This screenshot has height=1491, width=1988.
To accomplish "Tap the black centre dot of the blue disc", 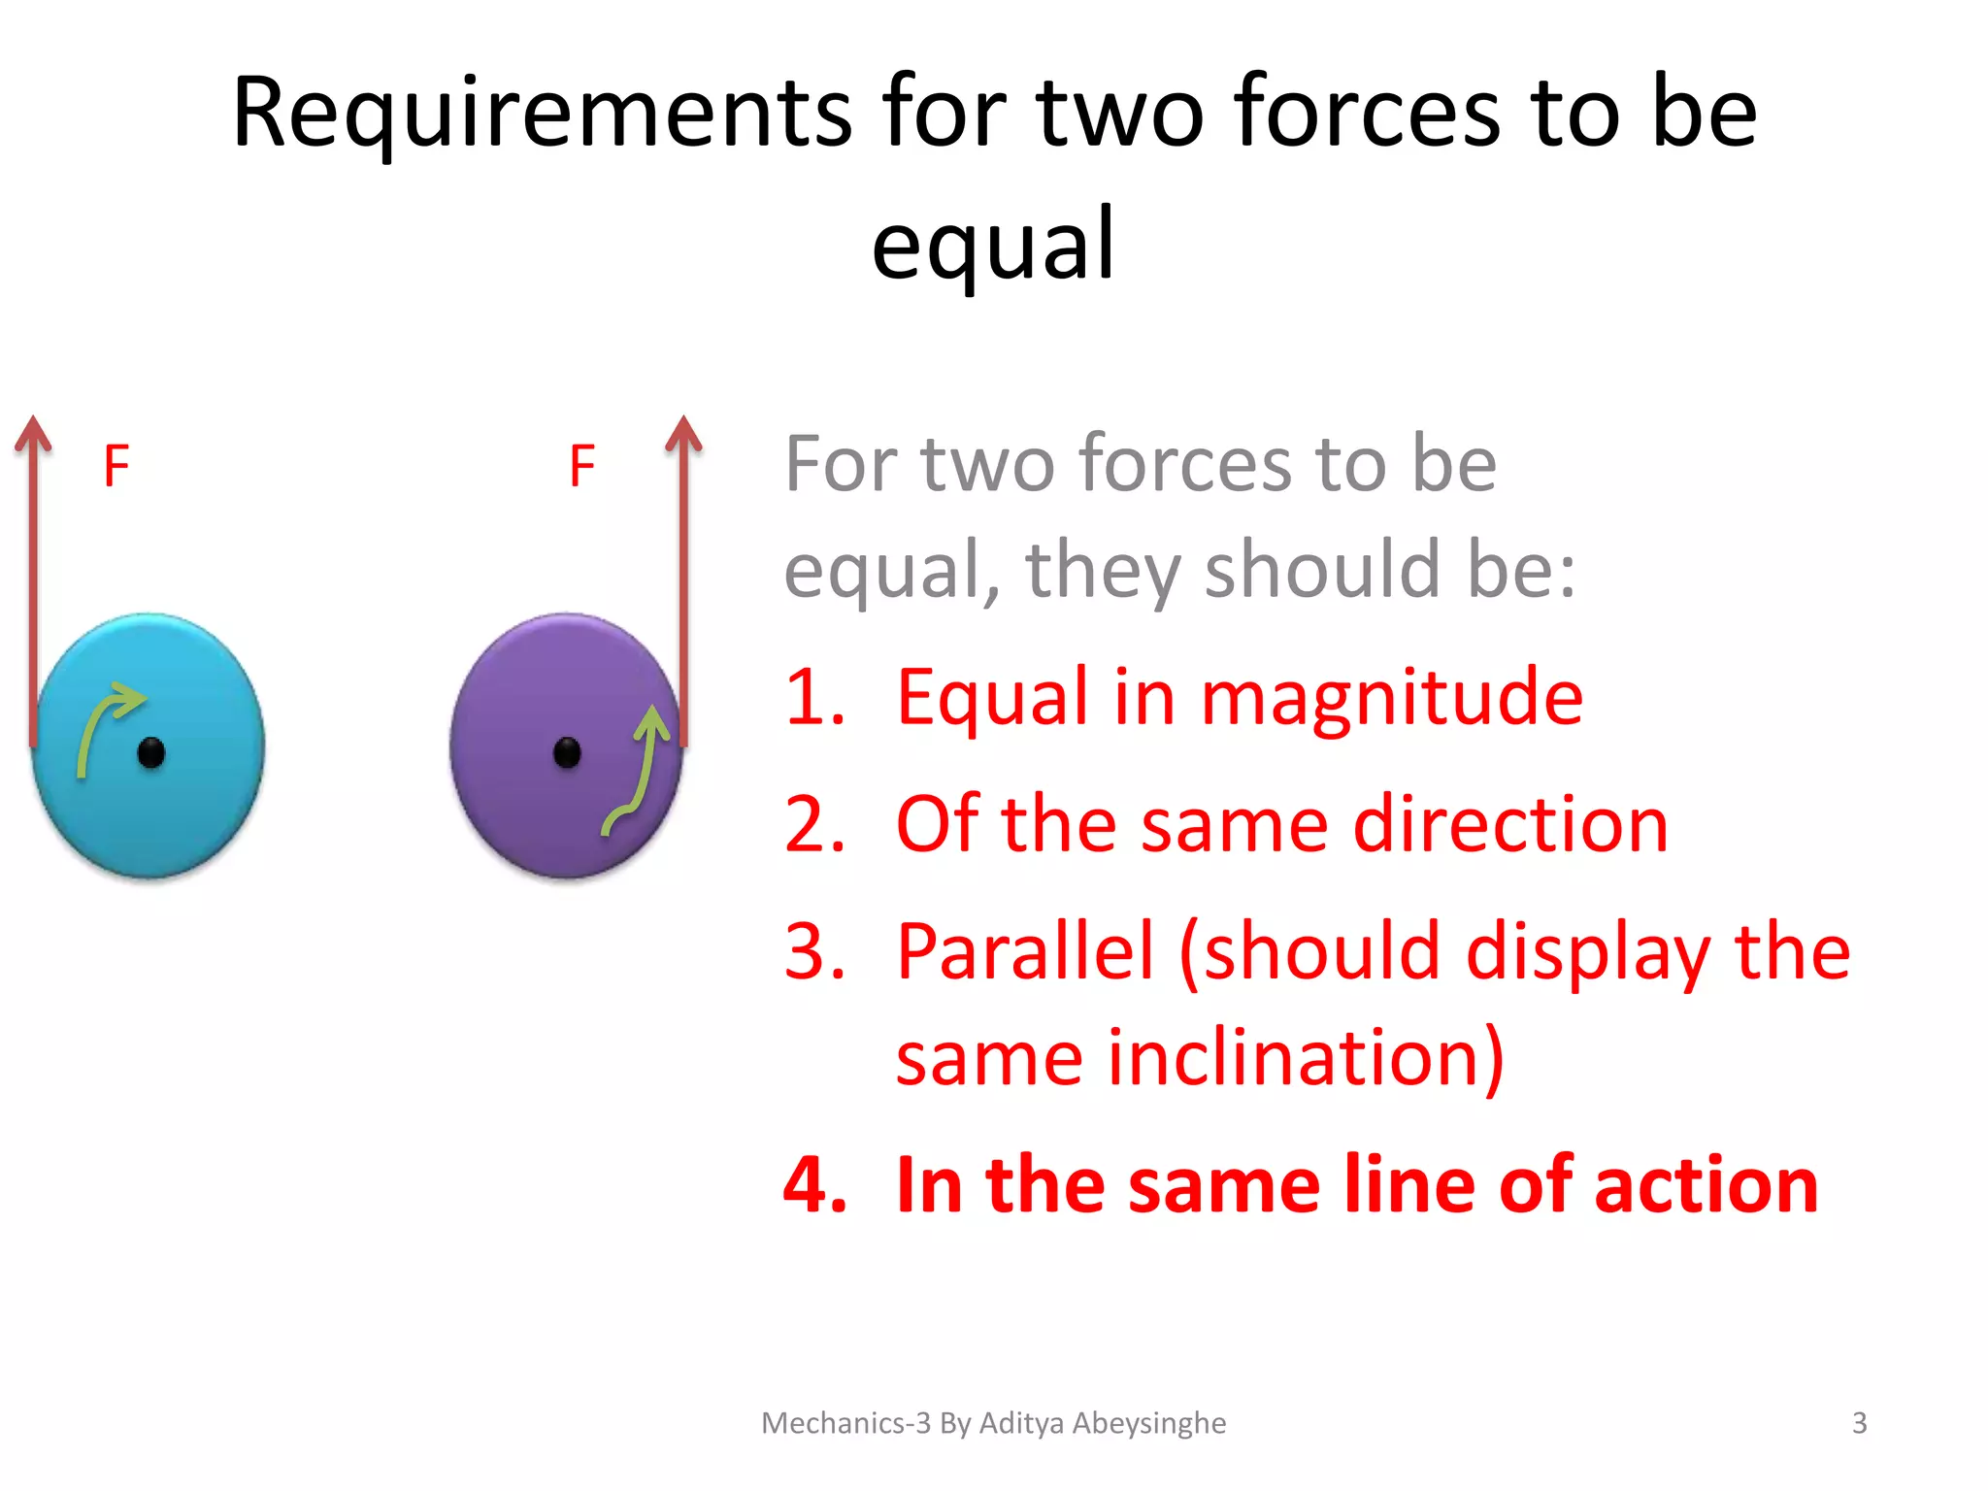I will pos(151,752).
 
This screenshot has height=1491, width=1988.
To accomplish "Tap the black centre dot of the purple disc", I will pos(567,752).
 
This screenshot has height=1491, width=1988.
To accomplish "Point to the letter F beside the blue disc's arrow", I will pos(116,466).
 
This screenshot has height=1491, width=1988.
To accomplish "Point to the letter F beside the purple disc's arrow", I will pos(581,466).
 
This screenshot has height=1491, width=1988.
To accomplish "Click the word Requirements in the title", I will pos(542,115).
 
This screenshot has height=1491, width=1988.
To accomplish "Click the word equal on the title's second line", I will pos(992,246).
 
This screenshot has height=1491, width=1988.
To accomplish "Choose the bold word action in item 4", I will pos(1706,1185).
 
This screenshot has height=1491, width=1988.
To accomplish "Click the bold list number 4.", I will pos(813,1185).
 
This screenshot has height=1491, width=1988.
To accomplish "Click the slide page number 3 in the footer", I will pos(1859,1423).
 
